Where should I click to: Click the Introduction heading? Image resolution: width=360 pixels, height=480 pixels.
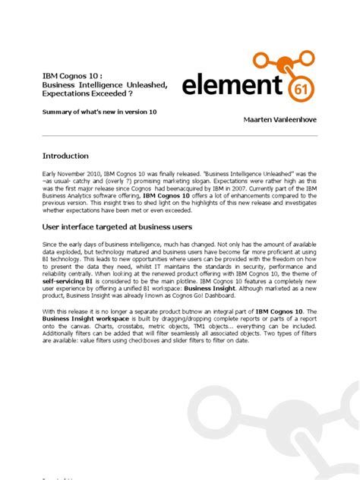[x=65, y=156]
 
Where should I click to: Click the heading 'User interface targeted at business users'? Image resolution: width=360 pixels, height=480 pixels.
[x=117, y=226]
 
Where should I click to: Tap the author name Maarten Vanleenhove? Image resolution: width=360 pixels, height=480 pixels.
[x=280, y=120]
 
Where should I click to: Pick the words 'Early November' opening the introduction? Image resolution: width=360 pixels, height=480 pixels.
[x=62, y=172]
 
